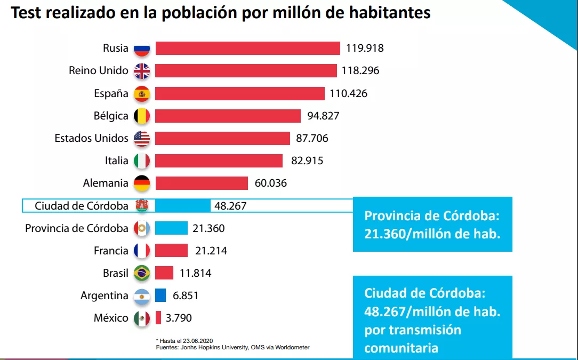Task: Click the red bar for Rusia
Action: pyautogui.click(x=247, y=49)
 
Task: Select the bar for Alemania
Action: pyautogui.click(x=202, y=183)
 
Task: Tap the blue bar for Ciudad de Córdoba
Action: pyautogui.click(x=183, y=206)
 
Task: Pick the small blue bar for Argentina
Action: pyautogui.click(x=160, y=295)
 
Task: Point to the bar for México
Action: pyautogui.click(x=158, y=318)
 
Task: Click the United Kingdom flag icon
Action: pyautogui.click(x=142, y=71)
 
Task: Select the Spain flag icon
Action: pyautogui.click(x=142, y=94)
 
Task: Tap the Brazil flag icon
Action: pyautogui.click(x=142, y=274)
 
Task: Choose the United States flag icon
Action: pyautogui.click(x=142, y=139)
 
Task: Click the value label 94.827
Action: pyautogui.click(x=323, y=116)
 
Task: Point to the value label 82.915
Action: pyautogui.click(x=307, y=161)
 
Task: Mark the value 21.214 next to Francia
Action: pyautogui.click(x=211, y=251)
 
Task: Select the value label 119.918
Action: pyautogui.click(x=365, y=49)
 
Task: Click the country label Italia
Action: pyautogui.click(x=116, y=161)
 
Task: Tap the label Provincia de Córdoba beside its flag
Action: pyautogui.click(x=77, y=228)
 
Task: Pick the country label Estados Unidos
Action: pyautogui.click(x=91, y=138)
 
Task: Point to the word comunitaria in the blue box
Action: pyautogui.click(x=401, y=348)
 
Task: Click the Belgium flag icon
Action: pyautogui.click(x=142, y=116)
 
